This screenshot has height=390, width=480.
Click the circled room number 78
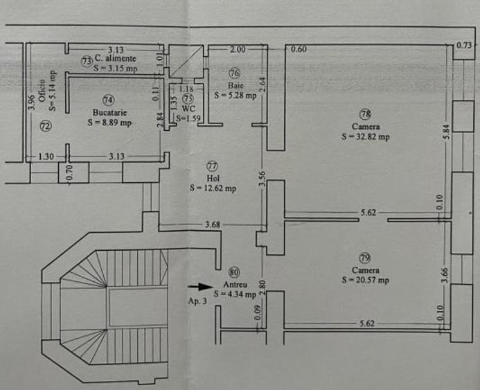tap(364, 113)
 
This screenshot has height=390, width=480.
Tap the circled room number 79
tap(364, 256)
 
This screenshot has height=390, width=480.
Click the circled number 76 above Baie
tap(235, 73)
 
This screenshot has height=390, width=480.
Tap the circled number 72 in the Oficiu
tap(46, 126)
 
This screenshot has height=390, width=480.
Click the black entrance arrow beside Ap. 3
tap(202, 285)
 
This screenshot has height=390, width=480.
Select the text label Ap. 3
tap(197, 301)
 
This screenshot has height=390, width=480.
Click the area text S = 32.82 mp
tap(365, 137)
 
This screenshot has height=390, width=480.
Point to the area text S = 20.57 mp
tap(365, 280)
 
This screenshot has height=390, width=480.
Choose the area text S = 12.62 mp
tap(213, 188)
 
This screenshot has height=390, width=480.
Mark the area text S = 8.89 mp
tap(109, 122)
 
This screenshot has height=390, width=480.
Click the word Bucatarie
tap(109, 111)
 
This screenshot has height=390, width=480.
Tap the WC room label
tap(188, 109)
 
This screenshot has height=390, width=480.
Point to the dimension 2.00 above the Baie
tap(238, 49)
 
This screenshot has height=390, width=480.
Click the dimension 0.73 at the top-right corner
tap(464, 46)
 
